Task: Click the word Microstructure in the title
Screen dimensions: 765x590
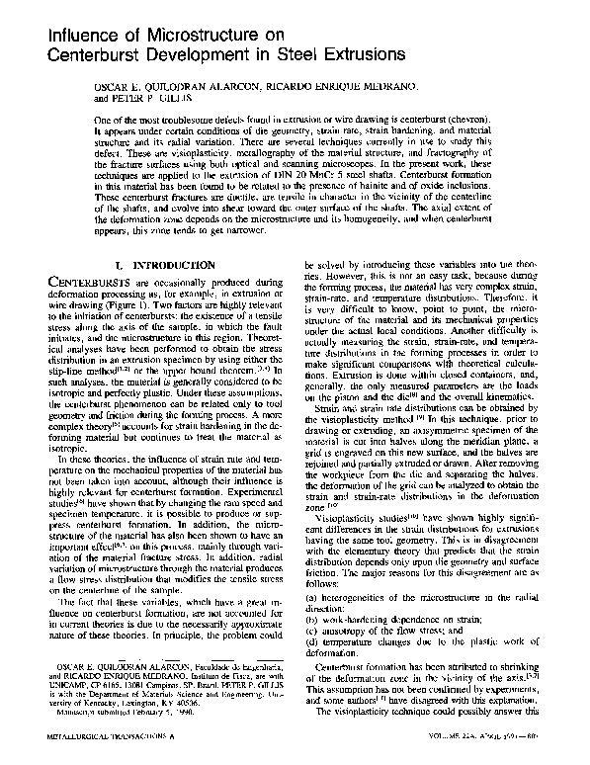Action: coord(174,33)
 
